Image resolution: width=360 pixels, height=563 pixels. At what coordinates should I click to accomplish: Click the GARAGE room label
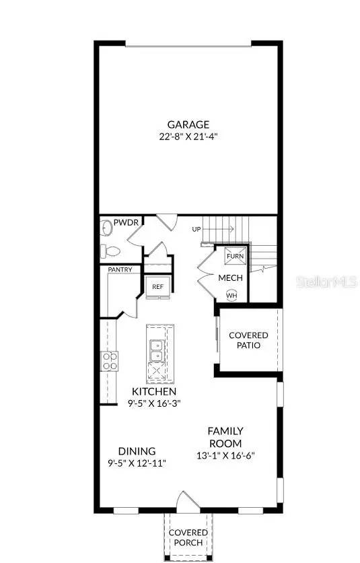click(188, 124)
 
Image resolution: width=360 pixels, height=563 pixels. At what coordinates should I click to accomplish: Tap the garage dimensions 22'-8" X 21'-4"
click(188, 135)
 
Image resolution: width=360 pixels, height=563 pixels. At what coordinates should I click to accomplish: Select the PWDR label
click(126, 222)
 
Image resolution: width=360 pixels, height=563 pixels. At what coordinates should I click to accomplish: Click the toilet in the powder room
click(111, 252)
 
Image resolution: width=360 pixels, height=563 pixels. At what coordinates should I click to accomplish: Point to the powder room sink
click(106, 228)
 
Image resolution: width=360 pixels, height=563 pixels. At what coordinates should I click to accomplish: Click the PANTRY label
click(124, 270)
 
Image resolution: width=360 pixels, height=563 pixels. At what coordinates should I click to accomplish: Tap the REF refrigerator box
click(157, 286)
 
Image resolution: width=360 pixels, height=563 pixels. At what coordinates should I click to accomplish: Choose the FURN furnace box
click(235, 257)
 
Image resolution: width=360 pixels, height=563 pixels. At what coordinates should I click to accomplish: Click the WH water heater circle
click(231, 295)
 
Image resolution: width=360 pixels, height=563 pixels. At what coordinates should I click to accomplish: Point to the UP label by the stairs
click(196, 230)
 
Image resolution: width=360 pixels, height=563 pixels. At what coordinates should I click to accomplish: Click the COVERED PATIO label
click(248, 340)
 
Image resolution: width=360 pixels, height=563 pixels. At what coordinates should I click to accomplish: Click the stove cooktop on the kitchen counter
click(110, 361)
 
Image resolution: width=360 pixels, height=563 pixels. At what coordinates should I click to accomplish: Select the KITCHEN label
click(154, 391)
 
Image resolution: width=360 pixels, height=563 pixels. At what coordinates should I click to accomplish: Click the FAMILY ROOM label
click(225, 437)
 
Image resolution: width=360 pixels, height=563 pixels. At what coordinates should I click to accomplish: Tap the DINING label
click(137, 451)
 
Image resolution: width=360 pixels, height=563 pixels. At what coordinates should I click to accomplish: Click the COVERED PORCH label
click(188, 537)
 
